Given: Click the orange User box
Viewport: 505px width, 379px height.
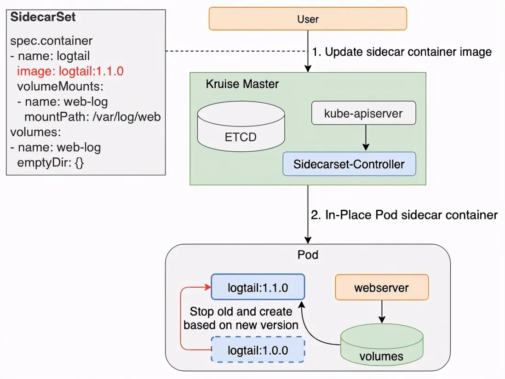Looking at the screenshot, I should point(308,19).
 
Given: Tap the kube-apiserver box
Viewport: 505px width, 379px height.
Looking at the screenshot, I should point(363,113).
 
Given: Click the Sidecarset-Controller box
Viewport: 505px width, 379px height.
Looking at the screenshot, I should point(349,164).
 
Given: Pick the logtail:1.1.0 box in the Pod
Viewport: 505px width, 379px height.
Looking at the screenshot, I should point(258,288).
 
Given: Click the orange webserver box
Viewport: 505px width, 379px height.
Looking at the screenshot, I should point(381,288).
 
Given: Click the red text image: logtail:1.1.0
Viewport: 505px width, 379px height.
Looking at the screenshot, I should point(71,71).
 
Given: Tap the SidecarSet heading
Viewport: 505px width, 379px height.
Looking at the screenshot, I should point(43,17).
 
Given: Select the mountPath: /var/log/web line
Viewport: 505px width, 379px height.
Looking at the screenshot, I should point(92,117).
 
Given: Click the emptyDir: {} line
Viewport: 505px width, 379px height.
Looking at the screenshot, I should point(51,162).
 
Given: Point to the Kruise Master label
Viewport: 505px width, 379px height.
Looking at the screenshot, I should point(242,85).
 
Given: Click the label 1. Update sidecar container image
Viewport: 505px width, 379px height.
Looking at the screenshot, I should point(402,52).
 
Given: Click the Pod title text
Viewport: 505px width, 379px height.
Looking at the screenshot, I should point(308,254).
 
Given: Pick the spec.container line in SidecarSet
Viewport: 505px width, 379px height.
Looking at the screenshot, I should point(51,40).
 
